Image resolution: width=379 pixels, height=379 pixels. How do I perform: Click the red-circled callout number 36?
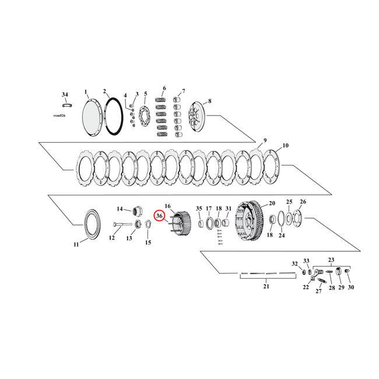[159, 216]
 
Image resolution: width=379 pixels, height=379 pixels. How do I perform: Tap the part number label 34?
[65, 94]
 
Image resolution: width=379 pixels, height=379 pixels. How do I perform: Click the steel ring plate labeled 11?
[92, 222]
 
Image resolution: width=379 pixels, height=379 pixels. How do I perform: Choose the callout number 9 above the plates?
[264, 141]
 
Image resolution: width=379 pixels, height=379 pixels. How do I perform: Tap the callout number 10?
[286, 145]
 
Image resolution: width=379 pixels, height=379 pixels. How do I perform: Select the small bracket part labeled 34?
[65, 106]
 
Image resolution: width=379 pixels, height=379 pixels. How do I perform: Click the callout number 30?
[350, 287]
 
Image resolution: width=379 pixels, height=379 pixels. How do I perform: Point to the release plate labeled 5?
[145, 115]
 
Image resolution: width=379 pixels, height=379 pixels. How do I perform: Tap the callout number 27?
[318, 291]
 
